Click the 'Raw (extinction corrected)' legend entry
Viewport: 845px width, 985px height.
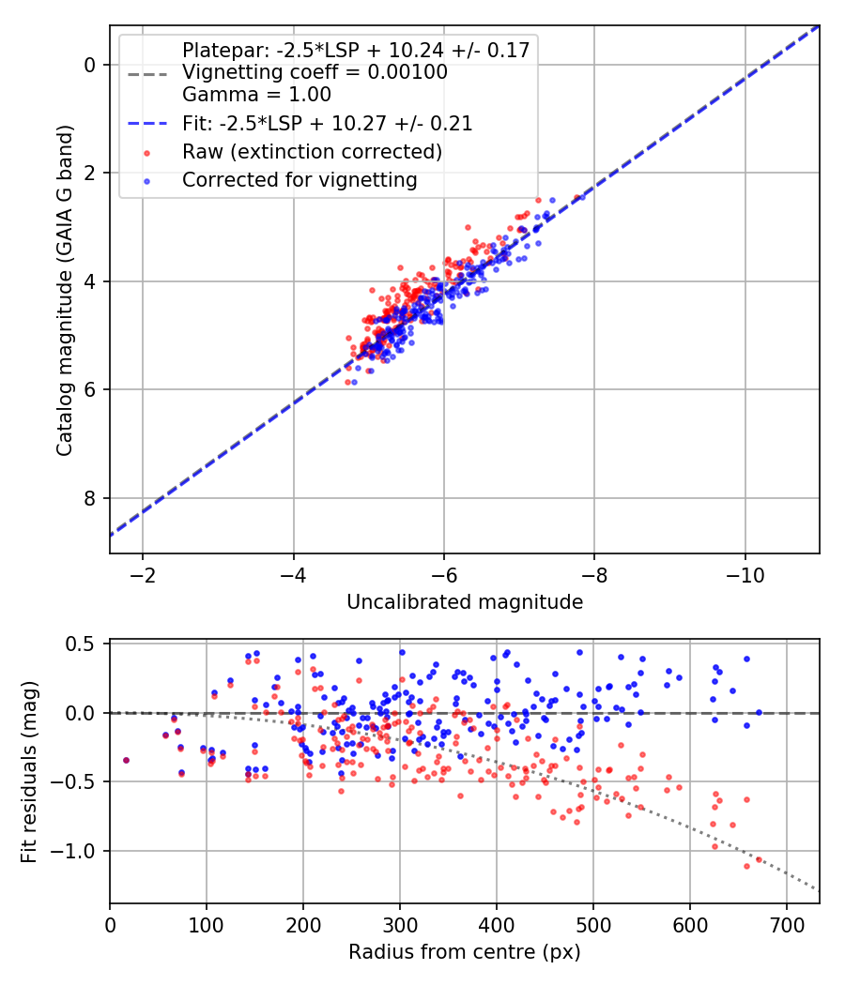pos(312,151)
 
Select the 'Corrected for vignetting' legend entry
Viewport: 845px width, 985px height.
pos(300,179)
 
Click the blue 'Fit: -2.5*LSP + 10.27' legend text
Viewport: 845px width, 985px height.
pos(327,123)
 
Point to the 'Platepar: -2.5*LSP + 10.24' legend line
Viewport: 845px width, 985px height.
pos(357,51)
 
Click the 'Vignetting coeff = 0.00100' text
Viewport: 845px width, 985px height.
pos(315,72)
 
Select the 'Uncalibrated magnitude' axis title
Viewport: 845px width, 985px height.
pos(465,601)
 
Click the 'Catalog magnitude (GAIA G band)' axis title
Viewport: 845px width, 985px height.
pos(64,288)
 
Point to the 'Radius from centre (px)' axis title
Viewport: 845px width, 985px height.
pos(465,952)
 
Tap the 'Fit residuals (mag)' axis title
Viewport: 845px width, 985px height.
pos(28,771)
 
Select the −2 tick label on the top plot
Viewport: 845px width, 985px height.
pos(143,571)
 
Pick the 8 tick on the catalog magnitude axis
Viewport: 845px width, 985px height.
pos(90,498)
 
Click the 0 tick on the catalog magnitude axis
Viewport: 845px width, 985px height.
pos(90,65)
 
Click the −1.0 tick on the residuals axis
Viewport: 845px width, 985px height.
pos(79,851)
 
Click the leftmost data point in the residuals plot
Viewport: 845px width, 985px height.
pos(126,760)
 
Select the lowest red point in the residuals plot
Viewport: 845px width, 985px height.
pos(747,866)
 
